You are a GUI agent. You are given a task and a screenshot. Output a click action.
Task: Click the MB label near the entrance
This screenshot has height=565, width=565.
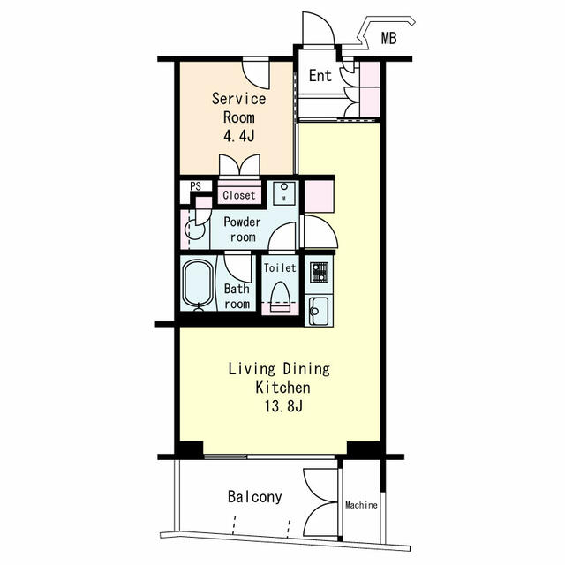coord(388,38)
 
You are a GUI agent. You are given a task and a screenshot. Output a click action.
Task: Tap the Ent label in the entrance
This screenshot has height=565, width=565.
coord(320,76)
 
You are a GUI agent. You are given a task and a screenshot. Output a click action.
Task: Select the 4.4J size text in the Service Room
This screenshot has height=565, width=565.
coord(239,136)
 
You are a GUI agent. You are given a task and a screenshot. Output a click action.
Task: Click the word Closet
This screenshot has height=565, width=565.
coord(239,195)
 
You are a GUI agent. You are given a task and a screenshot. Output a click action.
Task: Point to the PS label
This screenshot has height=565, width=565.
coord(196,186)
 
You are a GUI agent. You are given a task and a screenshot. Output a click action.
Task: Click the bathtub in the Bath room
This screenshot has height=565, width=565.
coord(198,283)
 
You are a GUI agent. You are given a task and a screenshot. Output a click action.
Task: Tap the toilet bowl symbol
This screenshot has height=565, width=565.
coord(280,297)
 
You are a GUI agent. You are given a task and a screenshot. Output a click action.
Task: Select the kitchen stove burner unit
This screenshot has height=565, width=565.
coord(320,273)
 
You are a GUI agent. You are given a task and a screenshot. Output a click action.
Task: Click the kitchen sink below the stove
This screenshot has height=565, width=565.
coord(319,310)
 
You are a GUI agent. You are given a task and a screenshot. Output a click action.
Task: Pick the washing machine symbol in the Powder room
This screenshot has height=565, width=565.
coord(284,193)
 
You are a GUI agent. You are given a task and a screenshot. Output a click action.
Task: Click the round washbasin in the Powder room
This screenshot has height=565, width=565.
coord(194,230)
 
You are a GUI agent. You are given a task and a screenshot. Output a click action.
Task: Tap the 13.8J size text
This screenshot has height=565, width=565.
coord(283,406)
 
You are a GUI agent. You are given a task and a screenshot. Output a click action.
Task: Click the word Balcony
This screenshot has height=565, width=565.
coord(255,497)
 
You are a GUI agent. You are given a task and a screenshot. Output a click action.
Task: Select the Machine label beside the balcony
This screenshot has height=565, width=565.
coord(361,505)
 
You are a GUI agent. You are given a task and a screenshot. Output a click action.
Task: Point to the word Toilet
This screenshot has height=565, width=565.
coord(280,267)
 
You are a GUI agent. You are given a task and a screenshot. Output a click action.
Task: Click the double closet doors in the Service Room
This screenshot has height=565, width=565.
coord(239,165)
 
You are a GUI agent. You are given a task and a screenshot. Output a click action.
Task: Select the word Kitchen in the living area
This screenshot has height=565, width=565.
coord(282,388)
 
